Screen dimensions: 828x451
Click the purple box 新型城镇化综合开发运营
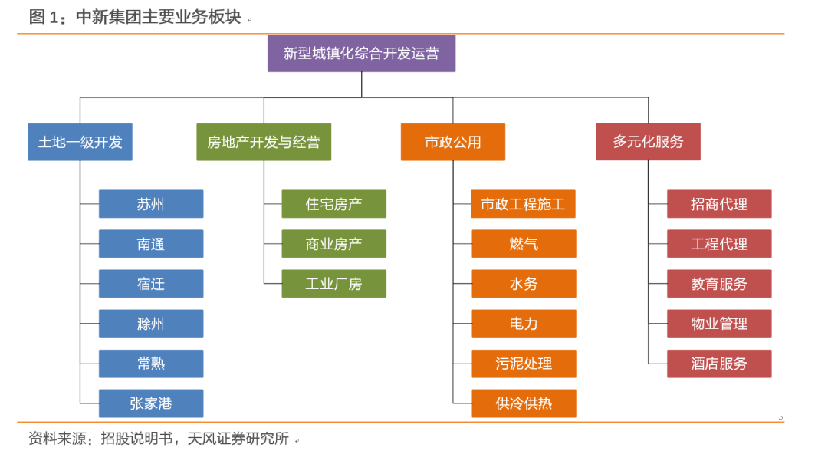point(361,54)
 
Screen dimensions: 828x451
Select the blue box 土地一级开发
point(80,142)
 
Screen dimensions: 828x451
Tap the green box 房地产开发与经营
point(264,142)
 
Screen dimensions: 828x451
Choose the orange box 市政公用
point(453,142)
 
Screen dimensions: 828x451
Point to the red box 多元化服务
point(649,142)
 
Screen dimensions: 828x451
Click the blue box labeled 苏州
point(151,204)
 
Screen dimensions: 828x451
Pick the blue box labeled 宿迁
point(151,284)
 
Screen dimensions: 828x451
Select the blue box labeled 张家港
point(151,403)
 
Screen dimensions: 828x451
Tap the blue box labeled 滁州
point(151,324)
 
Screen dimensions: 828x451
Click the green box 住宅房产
point(333,204)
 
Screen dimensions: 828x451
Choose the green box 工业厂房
point(333,284)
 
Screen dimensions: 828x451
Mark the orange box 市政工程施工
point(523,204)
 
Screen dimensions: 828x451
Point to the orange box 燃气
point(524,243)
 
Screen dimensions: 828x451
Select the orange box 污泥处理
point(524,364)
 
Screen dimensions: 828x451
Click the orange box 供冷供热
point(524,403)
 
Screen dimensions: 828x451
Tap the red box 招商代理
point(719,204)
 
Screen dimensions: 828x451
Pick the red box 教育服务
point(719,284)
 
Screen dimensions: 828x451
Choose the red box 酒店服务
point(719,364)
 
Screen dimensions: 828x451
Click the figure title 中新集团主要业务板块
point(159,17)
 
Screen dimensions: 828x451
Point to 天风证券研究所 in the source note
point(238,438)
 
